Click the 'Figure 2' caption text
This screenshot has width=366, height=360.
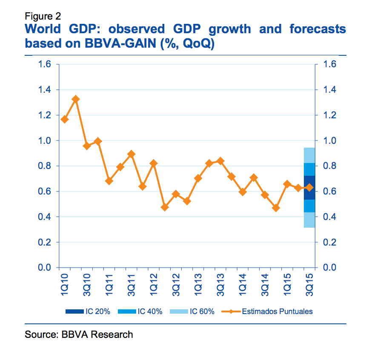pyautogui.click(x=43, y=17)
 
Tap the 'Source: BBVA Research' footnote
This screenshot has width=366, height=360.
pyautogui.click(x=79, y=334)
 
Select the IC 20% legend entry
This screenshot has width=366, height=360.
pyautogui.click(x=87, y=311)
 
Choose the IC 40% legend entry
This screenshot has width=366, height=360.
pyautogui.click(x=139, y=311)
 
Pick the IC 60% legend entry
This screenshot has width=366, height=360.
pyautogui.click(x=192, y=311)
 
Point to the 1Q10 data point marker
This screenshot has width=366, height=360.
pyautogui.click(x=65, y=119)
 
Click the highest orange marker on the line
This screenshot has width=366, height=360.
pyautogui.click(x=76, y=99)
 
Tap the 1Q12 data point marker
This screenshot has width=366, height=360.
pyautogui.click(x=154, y=163)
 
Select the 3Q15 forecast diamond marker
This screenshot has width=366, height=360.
pyautogui.click(x=310, y=187)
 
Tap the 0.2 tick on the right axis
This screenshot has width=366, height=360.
pyautogui.click(x=329, y=242)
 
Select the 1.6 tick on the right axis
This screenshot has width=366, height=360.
pyautogui.click(x=329, y=64)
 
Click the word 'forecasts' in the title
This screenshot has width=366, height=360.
pyautogui.click(x=317, y=29)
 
